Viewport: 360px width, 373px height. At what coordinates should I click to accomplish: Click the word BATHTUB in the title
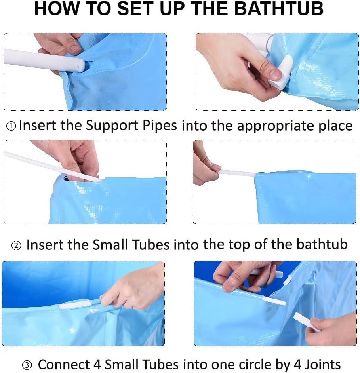[279, 9]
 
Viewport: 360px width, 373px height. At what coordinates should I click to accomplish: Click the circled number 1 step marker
[11, 126]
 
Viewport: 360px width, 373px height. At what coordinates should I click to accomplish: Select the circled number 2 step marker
[16, 245]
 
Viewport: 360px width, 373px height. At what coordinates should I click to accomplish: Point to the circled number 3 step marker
[27, 365]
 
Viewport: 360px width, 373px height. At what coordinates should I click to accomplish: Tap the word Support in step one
[112, 126]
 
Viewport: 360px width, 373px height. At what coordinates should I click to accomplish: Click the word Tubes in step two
[151, 245]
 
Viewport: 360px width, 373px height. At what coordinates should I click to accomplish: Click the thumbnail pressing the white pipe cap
[274, 74]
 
